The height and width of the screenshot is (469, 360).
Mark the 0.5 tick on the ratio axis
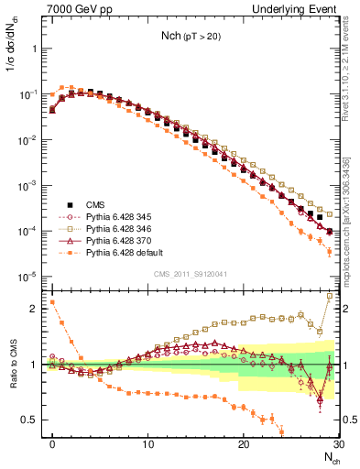coord(31,420)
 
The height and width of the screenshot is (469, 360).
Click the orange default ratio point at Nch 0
coord(53,301)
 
